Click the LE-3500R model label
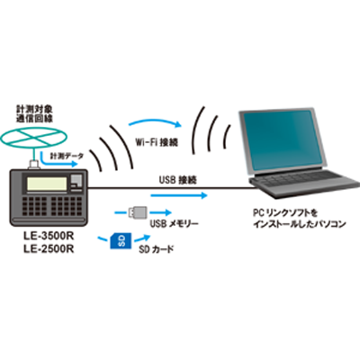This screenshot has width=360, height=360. tap(49, 236)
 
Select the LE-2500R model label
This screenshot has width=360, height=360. tap(49, 249)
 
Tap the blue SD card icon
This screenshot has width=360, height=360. tap(121, 241)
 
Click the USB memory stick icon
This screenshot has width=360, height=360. tap(138, 212)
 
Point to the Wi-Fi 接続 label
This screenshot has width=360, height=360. tap(157, 142)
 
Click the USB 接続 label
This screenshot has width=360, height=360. tap(178, 180)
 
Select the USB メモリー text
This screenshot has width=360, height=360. tap(175, 224)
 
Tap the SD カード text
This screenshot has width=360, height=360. tap(157, 249)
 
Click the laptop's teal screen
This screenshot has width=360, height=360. tap(280, 139)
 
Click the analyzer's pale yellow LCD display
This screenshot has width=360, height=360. tap(47, 184)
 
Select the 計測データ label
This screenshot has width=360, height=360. tap(67, 156)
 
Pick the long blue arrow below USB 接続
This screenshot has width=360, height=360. tap(179, 195)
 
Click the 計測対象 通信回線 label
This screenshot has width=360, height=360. tap(35, 113)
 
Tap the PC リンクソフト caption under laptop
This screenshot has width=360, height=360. tap(299, 219)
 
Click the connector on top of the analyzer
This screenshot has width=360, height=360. tap(32, 165)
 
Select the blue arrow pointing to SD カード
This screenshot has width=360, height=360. tap(141, 238)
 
